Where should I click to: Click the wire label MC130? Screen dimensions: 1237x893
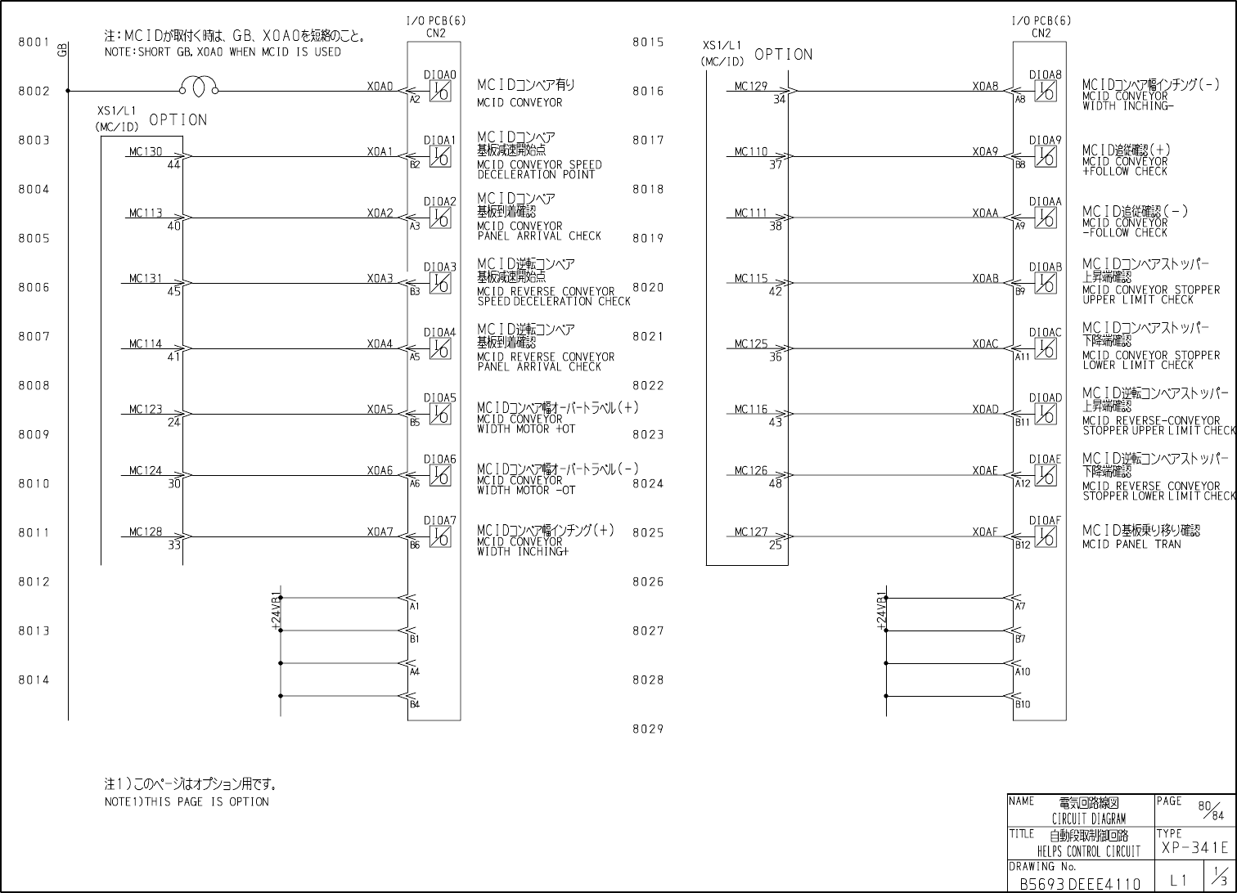146,151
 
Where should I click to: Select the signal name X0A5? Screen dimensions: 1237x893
380,409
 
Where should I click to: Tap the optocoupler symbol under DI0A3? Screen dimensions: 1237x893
440,283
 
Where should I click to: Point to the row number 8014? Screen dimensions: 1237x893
34,680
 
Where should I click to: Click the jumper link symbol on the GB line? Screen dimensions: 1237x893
199,86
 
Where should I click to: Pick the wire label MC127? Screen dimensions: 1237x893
751,532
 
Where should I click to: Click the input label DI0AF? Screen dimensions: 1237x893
1045,520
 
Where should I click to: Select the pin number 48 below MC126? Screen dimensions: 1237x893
776,483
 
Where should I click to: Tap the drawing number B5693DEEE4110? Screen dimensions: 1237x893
1079,883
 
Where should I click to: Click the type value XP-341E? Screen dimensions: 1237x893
1194,848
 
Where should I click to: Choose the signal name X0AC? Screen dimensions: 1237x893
985,343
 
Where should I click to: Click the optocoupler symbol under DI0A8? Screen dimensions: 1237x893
1045,91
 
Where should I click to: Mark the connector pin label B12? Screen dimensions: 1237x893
1023,545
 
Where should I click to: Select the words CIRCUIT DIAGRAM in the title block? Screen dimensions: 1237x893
1088,819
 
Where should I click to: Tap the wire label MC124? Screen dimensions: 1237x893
146,470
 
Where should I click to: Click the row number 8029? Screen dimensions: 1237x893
648,729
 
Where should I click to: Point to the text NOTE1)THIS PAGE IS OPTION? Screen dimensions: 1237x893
187,801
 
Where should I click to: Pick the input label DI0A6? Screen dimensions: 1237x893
439,460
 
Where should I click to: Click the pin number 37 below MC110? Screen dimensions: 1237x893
776,164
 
